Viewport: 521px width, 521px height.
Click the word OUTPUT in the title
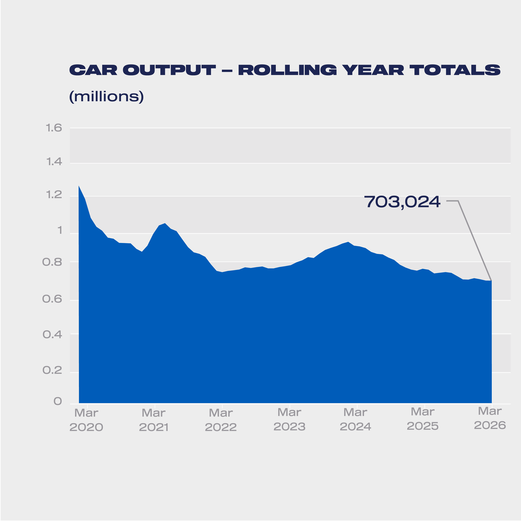tap(169, 70)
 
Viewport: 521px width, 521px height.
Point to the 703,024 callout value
tap(402, 202)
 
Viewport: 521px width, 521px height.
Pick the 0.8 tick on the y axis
tap(52, 262)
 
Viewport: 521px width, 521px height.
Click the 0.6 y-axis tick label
tap(52, 299)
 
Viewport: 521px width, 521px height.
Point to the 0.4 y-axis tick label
tap(52, 335)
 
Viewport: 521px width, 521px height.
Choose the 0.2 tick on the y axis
tap(52, 370)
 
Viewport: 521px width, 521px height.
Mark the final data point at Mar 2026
tap(491, 281)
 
